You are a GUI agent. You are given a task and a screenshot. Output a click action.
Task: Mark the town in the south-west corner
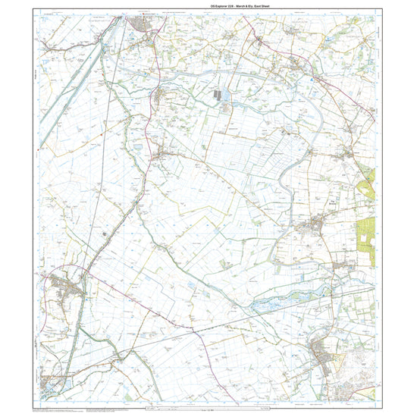point(53,383)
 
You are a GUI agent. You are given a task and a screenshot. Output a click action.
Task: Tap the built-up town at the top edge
point(142,27)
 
